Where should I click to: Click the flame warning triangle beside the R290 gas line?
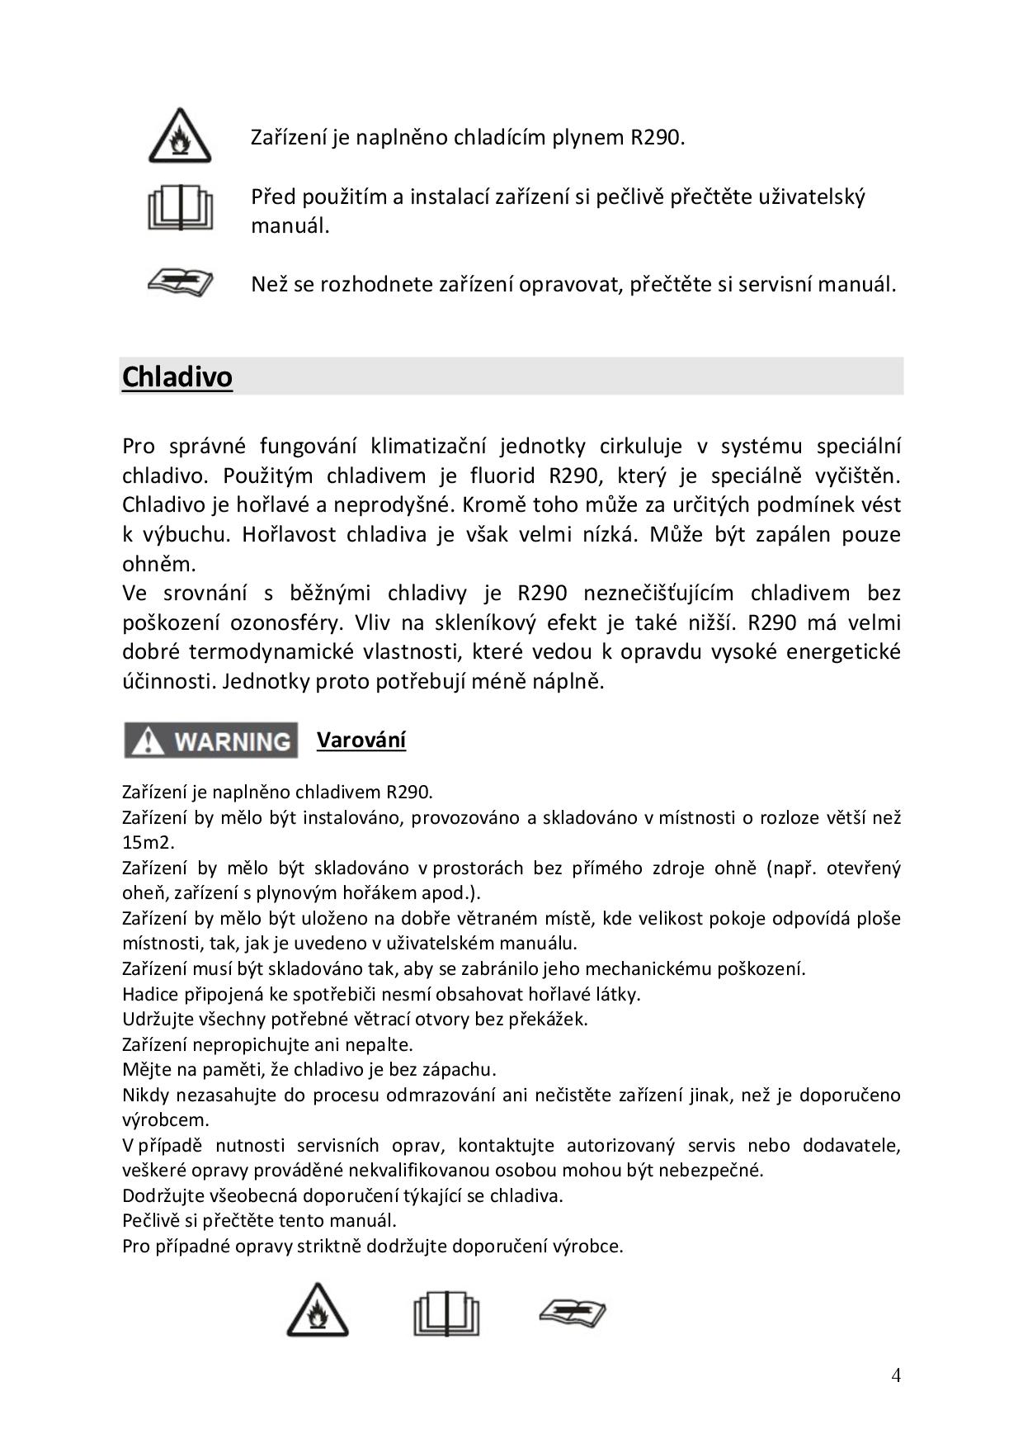[180, 136]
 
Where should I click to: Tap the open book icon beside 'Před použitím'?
[180, 208]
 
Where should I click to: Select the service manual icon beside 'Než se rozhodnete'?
[180, 282]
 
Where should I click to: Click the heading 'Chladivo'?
[177, 377]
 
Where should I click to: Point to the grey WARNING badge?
[211, 741]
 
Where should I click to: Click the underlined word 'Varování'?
[361, 740]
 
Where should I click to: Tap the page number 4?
[896, 1375]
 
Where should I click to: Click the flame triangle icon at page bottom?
[318, 1310]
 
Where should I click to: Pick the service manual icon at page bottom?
[572, 1312]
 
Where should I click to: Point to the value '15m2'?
[148, 843]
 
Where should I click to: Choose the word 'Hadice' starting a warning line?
[148, 994]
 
